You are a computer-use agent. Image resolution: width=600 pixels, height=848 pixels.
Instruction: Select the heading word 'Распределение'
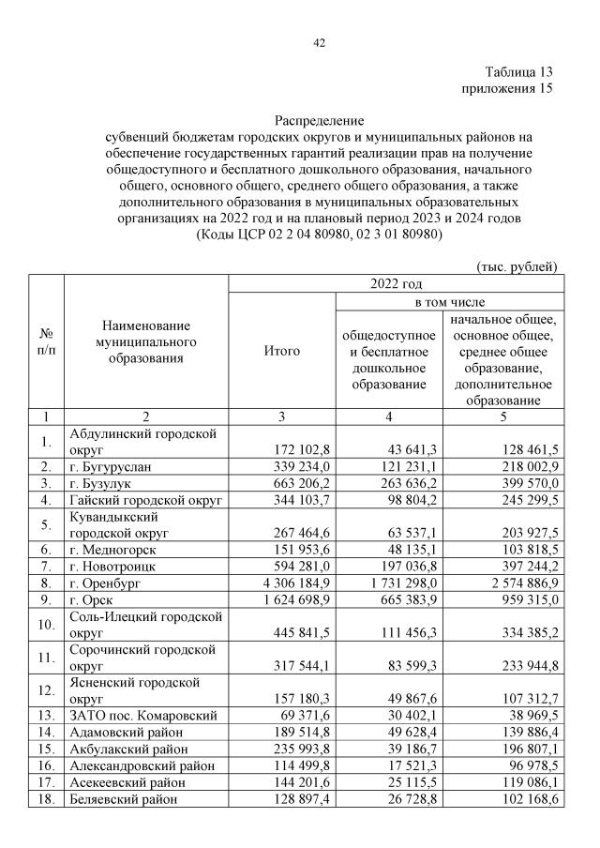point(319,121)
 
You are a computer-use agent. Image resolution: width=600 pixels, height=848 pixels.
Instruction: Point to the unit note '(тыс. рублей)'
point(517,266)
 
